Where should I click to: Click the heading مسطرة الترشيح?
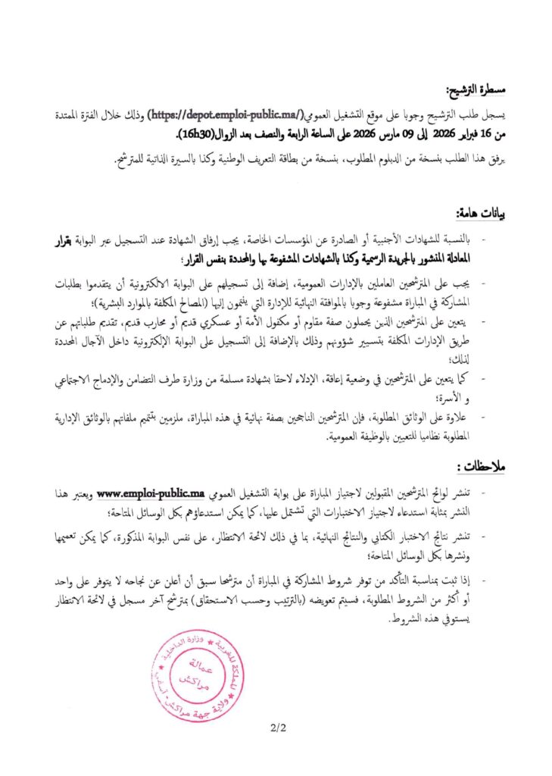(x=476, y=90)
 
